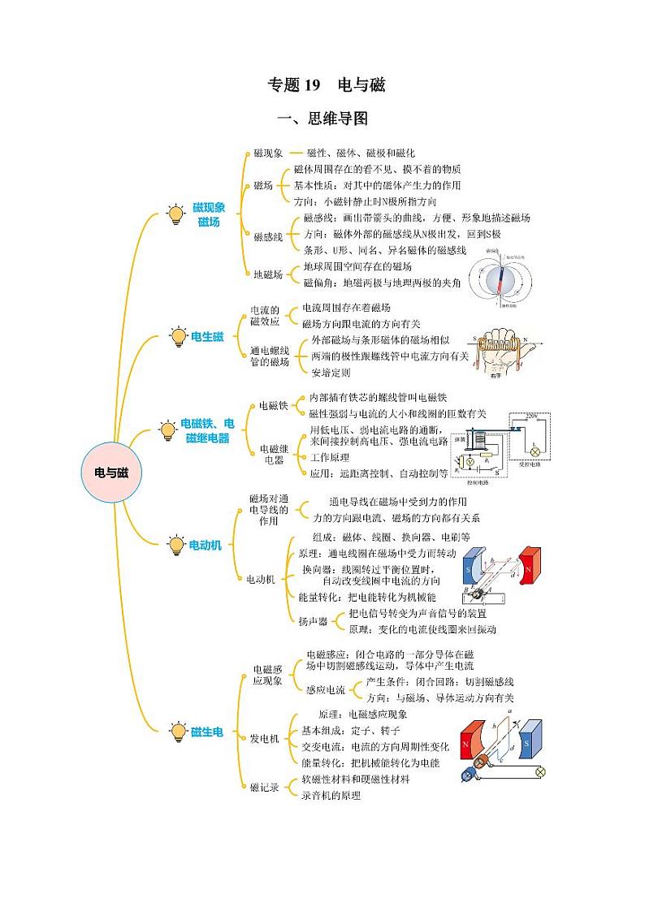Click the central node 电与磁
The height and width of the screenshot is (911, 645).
tap(111, 473)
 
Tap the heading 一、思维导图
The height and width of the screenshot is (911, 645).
tap(322, 119)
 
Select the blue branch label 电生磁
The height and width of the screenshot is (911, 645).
tap(207, 336)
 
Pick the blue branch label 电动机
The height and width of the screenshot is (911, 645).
tap(205, 546)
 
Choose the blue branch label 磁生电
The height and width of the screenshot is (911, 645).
tap(206, 732)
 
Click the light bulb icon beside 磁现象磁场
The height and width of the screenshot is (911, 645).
tap(175, 215)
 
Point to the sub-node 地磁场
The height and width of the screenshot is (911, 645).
tap(268, 274)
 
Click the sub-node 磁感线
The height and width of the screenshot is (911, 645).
tap(268, 236)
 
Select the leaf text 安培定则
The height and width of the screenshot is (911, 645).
tap(331, 373)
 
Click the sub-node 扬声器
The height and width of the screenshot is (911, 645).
tap(313, 621)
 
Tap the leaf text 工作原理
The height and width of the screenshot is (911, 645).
tap(330, 457)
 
